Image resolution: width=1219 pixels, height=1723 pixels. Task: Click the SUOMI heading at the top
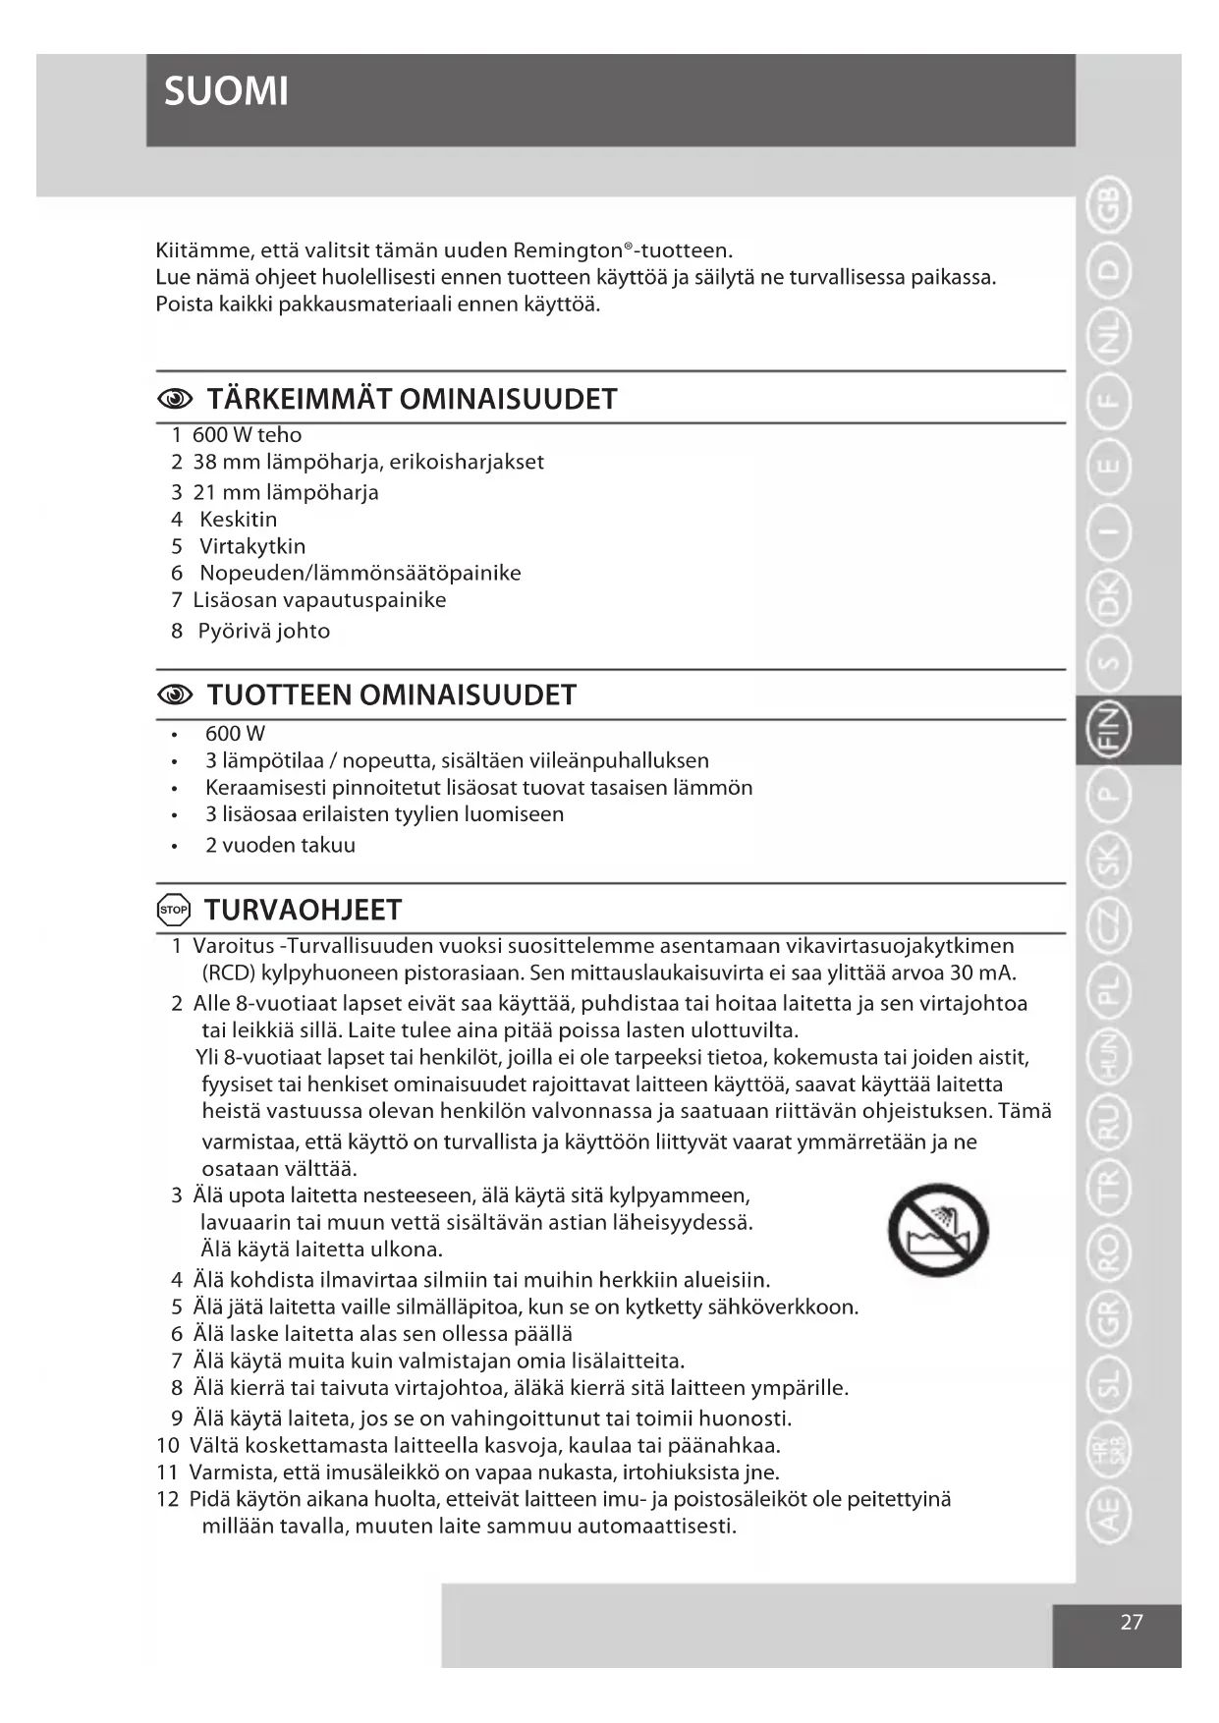point(226,92)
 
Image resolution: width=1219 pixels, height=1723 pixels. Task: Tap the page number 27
point(1132,1622)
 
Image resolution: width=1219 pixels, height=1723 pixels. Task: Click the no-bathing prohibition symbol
point(938,1229)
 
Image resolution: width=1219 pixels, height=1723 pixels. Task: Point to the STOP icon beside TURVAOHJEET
point(174,910)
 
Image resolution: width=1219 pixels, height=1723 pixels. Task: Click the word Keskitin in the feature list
point(239,520)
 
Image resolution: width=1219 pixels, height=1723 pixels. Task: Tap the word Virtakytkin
point(252,546)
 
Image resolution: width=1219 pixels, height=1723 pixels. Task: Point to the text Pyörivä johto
point(263,631)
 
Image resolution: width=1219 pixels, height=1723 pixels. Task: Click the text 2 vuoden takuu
point(280,845)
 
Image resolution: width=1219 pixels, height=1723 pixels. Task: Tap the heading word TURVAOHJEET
point(303,910)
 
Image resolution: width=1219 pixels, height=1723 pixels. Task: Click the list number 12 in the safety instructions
point(168,1499)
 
